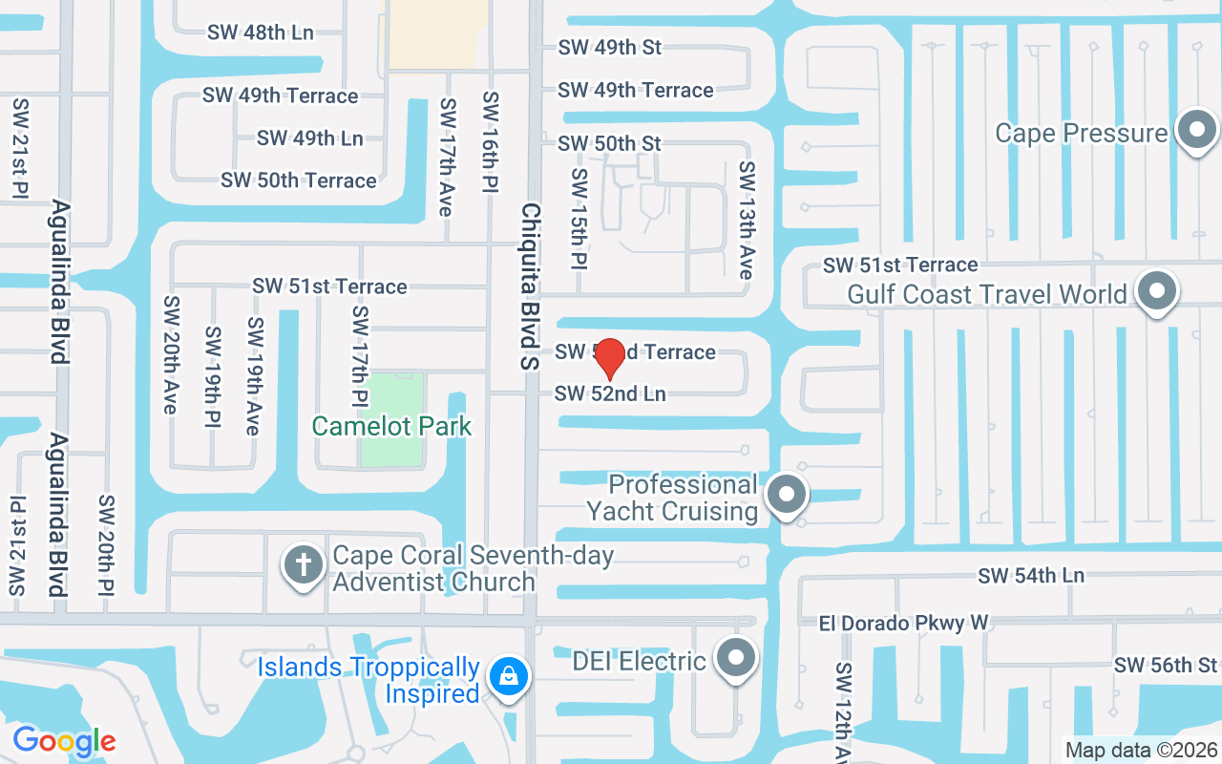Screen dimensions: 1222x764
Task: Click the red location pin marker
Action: point(610,357)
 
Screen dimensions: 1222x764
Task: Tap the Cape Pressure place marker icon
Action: point(1196,131)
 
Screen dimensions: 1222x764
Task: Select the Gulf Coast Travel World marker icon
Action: point(1157,291)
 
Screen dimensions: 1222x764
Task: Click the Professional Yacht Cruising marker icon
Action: point(787,495)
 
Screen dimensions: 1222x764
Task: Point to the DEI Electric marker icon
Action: point(735,658)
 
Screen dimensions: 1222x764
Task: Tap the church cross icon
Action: point(305,565)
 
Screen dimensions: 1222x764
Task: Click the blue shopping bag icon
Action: point(509,677)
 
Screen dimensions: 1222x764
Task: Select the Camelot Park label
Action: point(392,426)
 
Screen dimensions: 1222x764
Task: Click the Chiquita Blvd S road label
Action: point(531,286)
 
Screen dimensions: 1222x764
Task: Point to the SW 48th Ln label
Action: point(261,32)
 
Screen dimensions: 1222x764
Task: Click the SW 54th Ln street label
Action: point(1031,576)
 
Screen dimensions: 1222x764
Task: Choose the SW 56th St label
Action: point(1167,666)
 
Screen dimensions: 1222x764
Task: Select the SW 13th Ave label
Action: point(747,221)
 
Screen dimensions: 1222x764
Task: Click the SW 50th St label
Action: point(609,143)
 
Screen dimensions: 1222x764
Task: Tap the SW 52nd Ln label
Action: point(610,393)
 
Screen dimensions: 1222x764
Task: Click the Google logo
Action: point(65,740)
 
